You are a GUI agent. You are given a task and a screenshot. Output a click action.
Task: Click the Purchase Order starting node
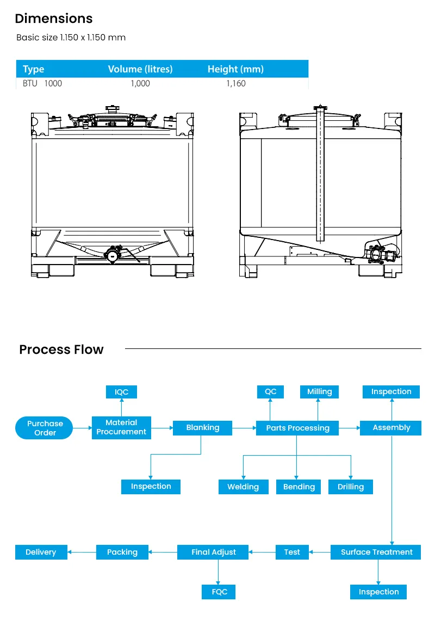click(45, 428)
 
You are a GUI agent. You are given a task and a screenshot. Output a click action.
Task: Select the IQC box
click(121, 392)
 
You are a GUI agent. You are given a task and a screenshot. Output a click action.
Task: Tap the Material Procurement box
click(121, 427)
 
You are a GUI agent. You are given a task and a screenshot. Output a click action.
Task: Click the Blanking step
click(203, 428)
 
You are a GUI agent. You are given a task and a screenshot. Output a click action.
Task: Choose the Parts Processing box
click(297, 428)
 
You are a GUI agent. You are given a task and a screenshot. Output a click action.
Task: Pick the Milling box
click(319, 392)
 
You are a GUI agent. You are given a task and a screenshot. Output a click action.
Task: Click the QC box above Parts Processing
click(270, 392)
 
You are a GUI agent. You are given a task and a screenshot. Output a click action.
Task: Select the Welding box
click(243, 487)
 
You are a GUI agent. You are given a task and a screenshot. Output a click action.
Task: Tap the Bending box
click(299, 487)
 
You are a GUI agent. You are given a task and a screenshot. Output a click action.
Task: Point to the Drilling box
click(351, 487)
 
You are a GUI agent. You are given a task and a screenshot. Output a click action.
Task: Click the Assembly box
click(391, 428)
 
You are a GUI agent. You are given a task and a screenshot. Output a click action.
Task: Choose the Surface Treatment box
click(376, 552)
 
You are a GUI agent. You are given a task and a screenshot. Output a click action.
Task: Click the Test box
click(292, 552)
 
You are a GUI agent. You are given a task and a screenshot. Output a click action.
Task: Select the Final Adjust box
click(214, 552)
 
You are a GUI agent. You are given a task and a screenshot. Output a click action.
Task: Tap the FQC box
click(219, 592)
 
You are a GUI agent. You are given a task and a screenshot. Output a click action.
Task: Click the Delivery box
click(41, 552)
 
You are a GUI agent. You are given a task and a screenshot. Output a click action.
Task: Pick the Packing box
click(122, 552)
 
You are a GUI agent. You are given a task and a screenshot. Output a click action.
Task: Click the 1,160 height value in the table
click(236, 83)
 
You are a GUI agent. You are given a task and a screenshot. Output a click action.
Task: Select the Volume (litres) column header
click(140, 69)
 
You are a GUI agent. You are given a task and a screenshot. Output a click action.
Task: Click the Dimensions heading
click(54, 19)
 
